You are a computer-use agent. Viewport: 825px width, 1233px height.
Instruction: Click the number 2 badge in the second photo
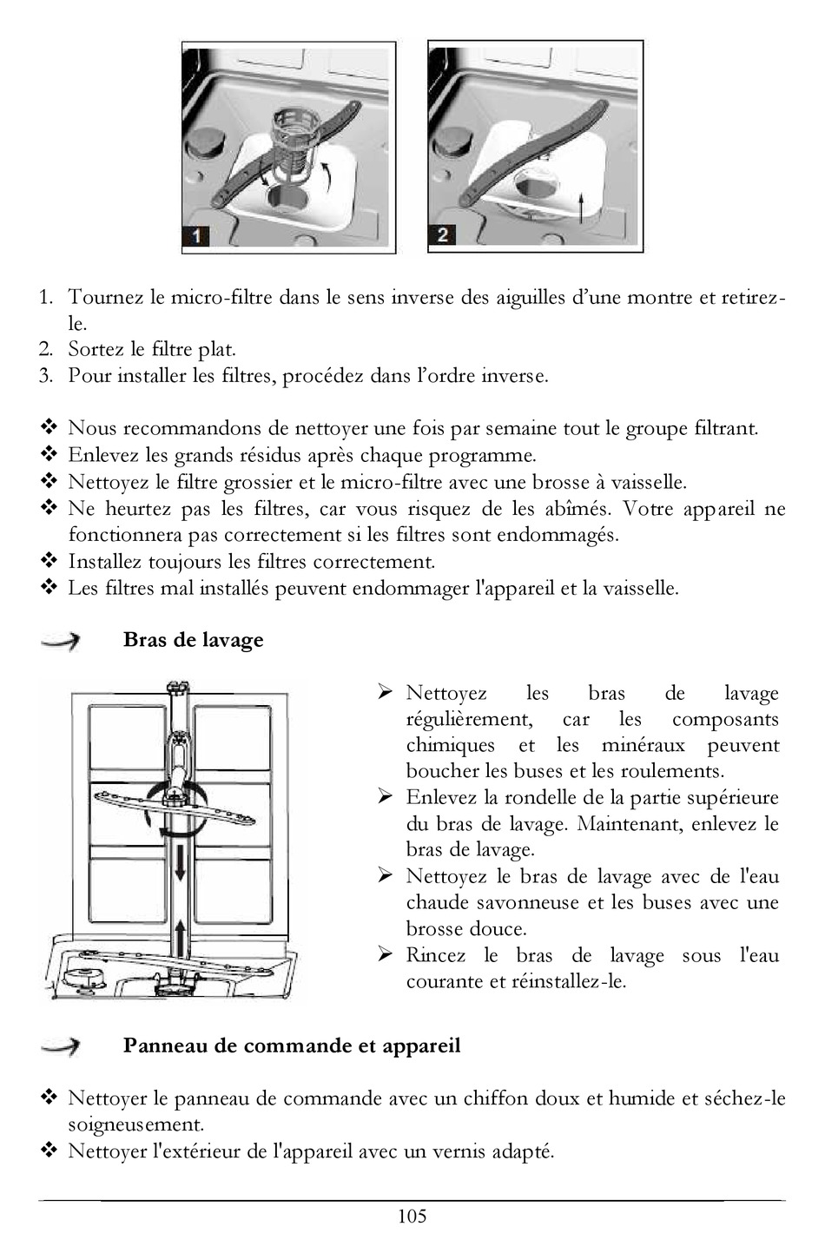coord(443,234)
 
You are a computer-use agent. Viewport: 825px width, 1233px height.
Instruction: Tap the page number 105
coord(412,1216)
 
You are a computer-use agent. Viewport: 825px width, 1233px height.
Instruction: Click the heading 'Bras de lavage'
coord(193,640)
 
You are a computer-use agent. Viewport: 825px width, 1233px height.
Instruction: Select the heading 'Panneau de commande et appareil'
coord(292,1045)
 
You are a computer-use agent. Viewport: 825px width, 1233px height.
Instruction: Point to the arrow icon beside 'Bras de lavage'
coord(61,641)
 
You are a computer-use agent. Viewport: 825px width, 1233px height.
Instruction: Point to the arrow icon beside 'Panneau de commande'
coord(61,1046)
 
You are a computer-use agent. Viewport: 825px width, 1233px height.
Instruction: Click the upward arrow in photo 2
coord(579,209)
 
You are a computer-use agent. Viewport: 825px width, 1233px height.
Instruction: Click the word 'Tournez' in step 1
coord(105,298)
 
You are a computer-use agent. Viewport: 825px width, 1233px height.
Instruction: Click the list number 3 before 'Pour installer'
coord(46,376)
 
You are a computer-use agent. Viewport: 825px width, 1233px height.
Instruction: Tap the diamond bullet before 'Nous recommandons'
coord(49,428)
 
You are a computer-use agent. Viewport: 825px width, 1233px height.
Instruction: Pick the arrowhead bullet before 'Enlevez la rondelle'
coord(386,797)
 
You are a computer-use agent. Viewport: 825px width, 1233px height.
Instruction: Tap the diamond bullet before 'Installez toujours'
coord(49,561)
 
